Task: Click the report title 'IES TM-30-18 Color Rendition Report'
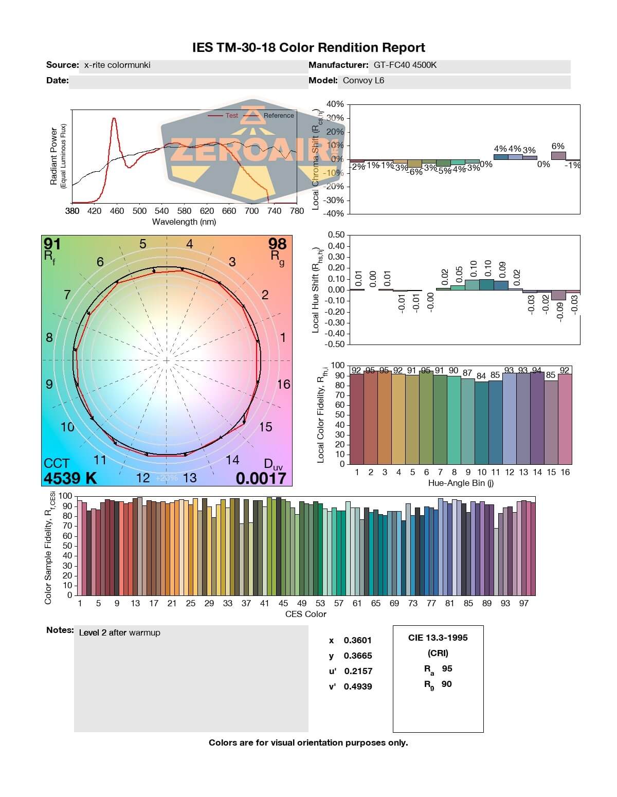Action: tap(308, 48)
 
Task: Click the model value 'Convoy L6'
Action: tap(364, 81)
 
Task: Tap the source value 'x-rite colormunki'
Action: tap(117, 65)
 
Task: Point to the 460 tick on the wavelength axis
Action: tap(117, 211)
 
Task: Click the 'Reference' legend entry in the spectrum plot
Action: tap(279, 116)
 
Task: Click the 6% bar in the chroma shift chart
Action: tap(558, 155)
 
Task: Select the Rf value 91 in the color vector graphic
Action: tap(52, 243)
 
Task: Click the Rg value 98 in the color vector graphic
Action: tap(277, 243)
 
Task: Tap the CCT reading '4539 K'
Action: tap(70, 478)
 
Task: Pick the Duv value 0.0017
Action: tap(261, 478)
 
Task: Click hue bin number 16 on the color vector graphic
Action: tap(283, 385)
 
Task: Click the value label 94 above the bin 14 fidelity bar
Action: tap(537, 371)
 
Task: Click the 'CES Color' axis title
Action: tap(306, 614)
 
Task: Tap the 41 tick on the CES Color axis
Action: tap(264, 604)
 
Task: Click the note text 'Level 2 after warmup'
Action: tap(119, 633)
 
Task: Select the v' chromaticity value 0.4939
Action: tap(358, 686)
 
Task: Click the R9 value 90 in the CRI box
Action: tap(446, 684)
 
